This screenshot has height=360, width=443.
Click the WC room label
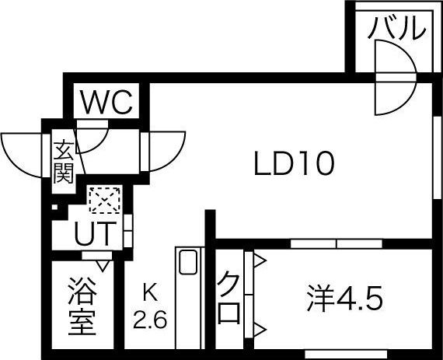tap(106, 102)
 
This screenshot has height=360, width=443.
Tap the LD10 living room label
tap(295, 163)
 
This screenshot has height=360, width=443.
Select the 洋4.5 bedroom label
tap(345, 299)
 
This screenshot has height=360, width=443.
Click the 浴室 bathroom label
tap(82, 306)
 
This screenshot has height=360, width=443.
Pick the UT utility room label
tap(96, 233)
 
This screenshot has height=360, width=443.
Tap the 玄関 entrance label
tap(63, 163)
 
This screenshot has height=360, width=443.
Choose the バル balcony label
tap(396, 27)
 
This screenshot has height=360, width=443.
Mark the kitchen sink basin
tap(189, 262)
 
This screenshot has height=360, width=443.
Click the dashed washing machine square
tap(105, 200)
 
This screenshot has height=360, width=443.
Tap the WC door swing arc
tap(99, 145)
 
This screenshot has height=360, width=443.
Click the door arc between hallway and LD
tap(175, 159)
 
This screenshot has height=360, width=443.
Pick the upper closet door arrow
tap(260, 260)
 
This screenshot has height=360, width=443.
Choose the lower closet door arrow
tap(260, 330)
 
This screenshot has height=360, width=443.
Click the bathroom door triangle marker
tap(103, 266)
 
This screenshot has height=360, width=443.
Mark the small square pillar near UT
tap(54, 207)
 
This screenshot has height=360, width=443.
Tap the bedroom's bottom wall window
tap(346, 354)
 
